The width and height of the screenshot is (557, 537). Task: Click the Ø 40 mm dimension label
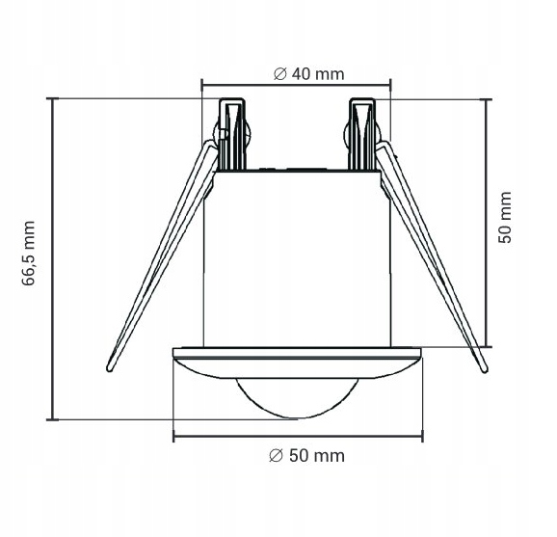(x=308, y=74)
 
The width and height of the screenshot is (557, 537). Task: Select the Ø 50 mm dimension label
(x=306, y=456)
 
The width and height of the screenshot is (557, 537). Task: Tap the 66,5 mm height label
(x=28, y=253)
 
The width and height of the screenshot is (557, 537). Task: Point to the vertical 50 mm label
(x=504, y=218)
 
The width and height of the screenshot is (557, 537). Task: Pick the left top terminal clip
(x=232, y=134)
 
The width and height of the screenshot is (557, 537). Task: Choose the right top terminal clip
(x=362, y=134)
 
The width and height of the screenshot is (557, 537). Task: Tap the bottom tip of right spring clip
(x=484, y=369)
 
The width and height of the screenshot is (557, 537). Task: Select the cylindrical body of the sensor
(x=297, y=258)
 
